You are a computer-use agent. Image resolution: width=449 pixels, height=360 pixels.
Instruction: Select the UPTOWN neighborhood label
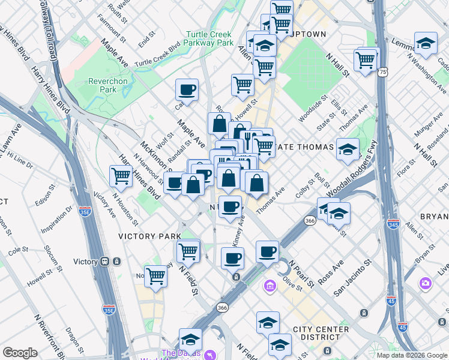307,34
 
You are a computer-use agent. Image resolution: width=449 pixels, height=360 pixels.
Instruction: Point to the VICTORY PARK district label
146,236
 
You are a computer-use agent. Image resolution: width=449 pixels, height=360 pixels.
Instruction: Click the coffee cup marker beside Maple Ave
187,90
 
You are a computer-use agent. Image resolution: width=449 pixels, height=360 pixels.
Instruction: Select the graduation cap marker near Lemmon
425,43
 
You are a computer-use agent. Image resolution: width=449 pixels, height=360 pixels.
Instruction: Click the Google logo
20,353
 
